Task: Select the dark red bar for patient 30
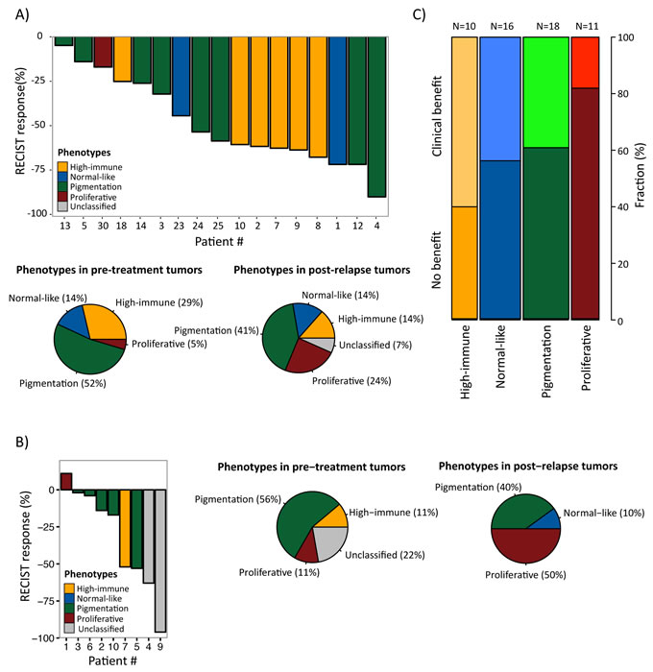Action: [103, 52]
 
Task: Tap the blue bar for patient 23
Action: [181, 76]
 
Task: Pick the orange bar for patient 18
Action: [122, 59]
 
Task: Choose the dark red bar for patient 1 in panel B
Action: [66, 481]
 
